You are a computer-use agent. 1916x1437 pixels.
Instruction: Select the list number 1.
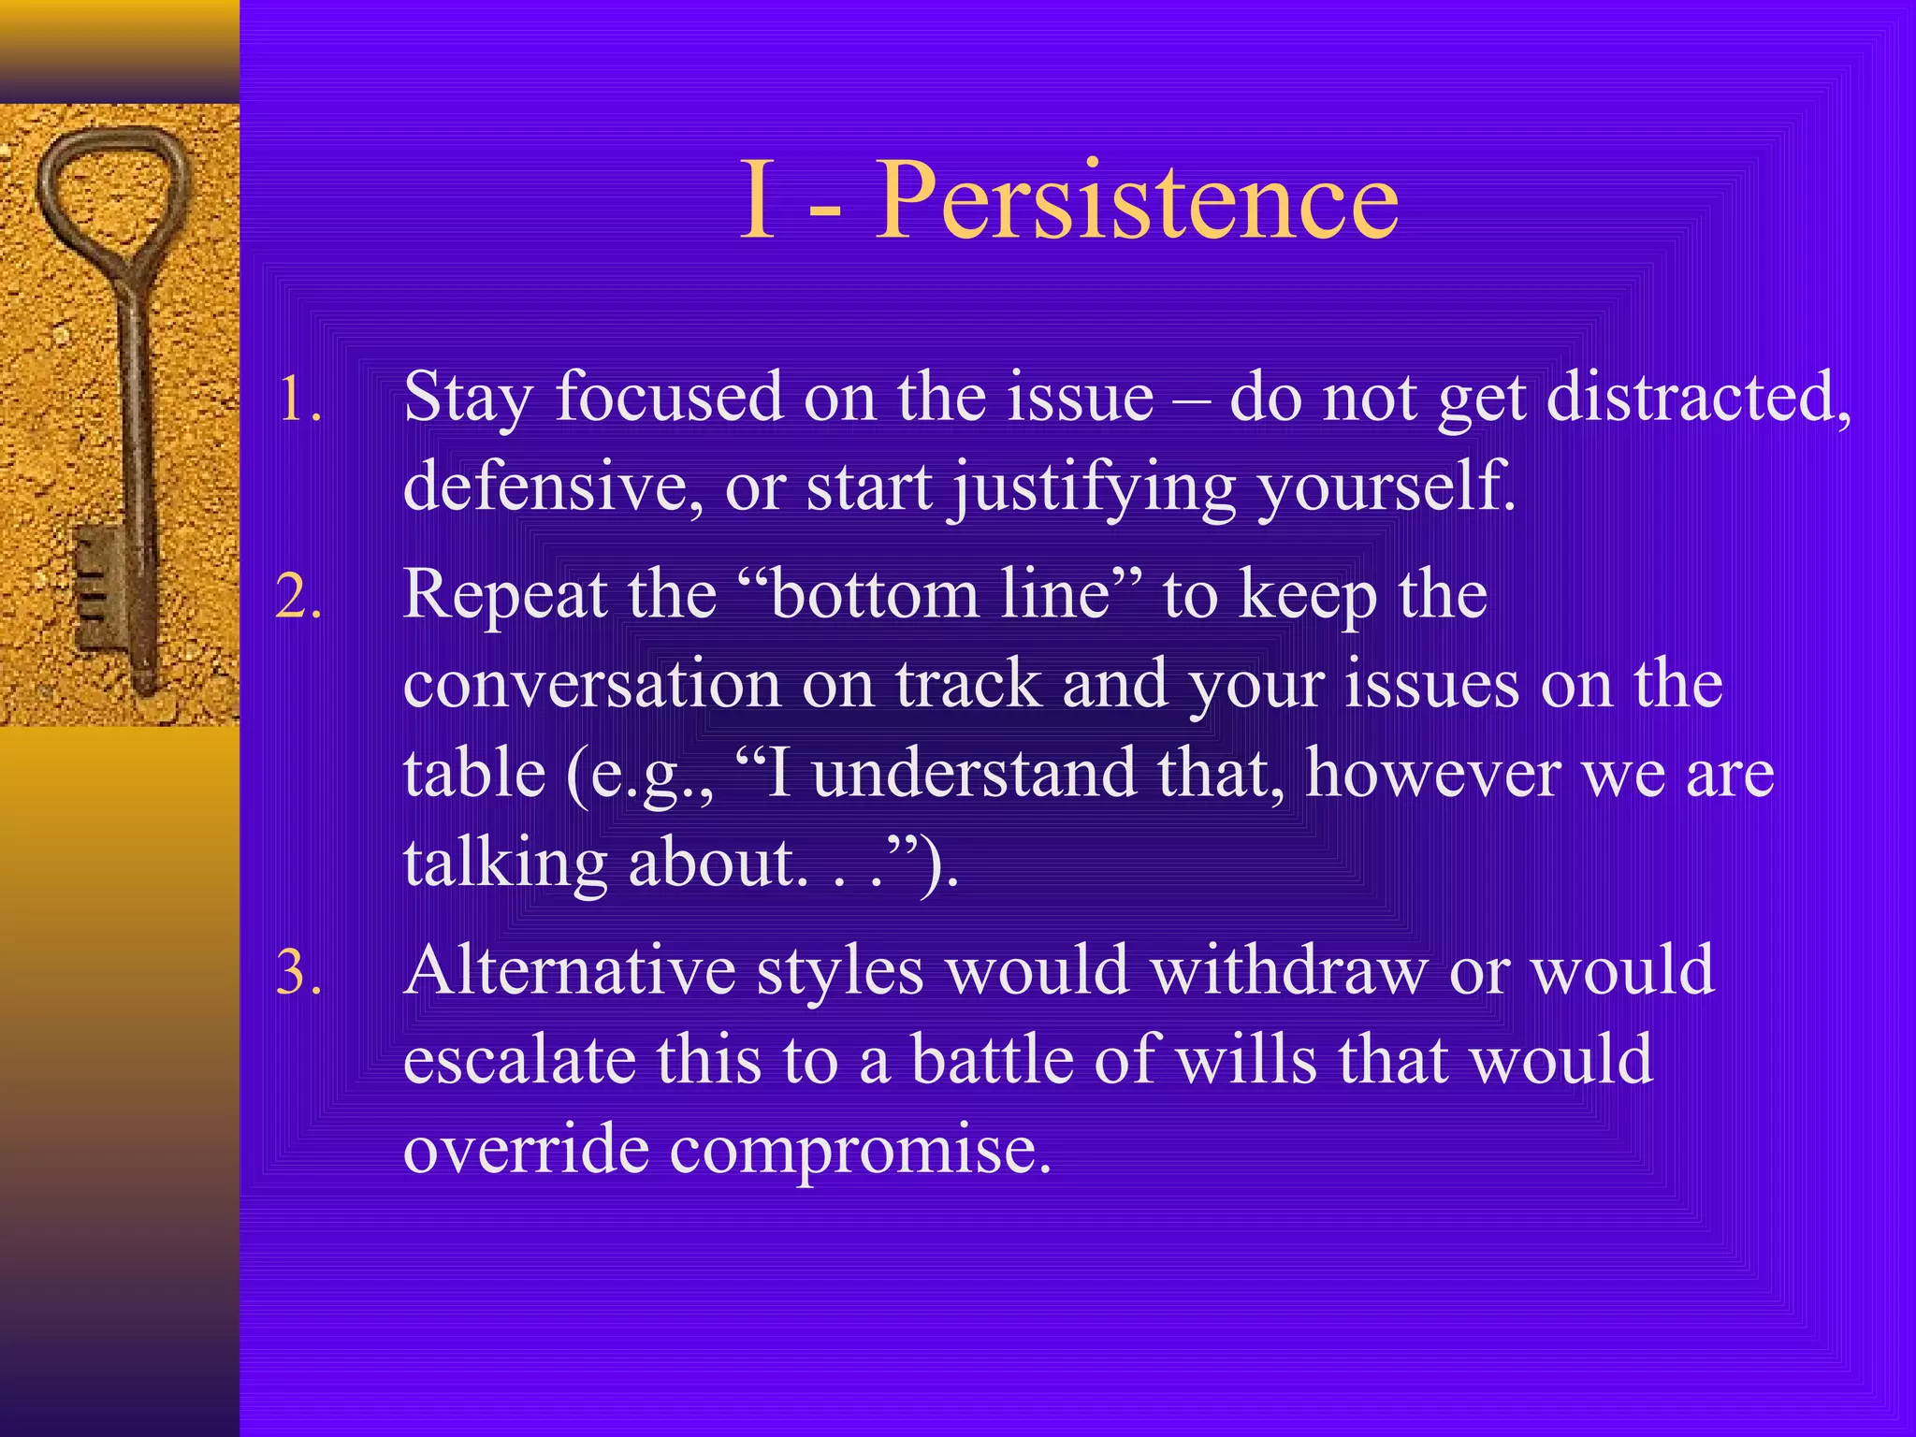pyautogui.click(x=299, y=400)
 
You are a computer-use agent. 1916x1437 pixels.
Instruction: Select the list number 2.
pyautogui.click(x=299, y=597)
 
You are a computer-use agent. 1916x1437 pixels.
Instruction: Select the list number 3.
pyautogui.click(x=299, y=973)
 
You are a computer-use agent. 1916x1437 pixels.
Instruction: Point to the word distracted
pyautogui.click(x=1697, y=399)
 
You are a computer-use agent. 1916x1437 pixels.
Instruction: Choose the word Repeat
pyautogui.click(x=504, y=597)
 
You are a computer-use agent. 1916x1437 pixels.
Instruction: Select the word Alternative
pyautogui.click(x=570, y=971)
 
